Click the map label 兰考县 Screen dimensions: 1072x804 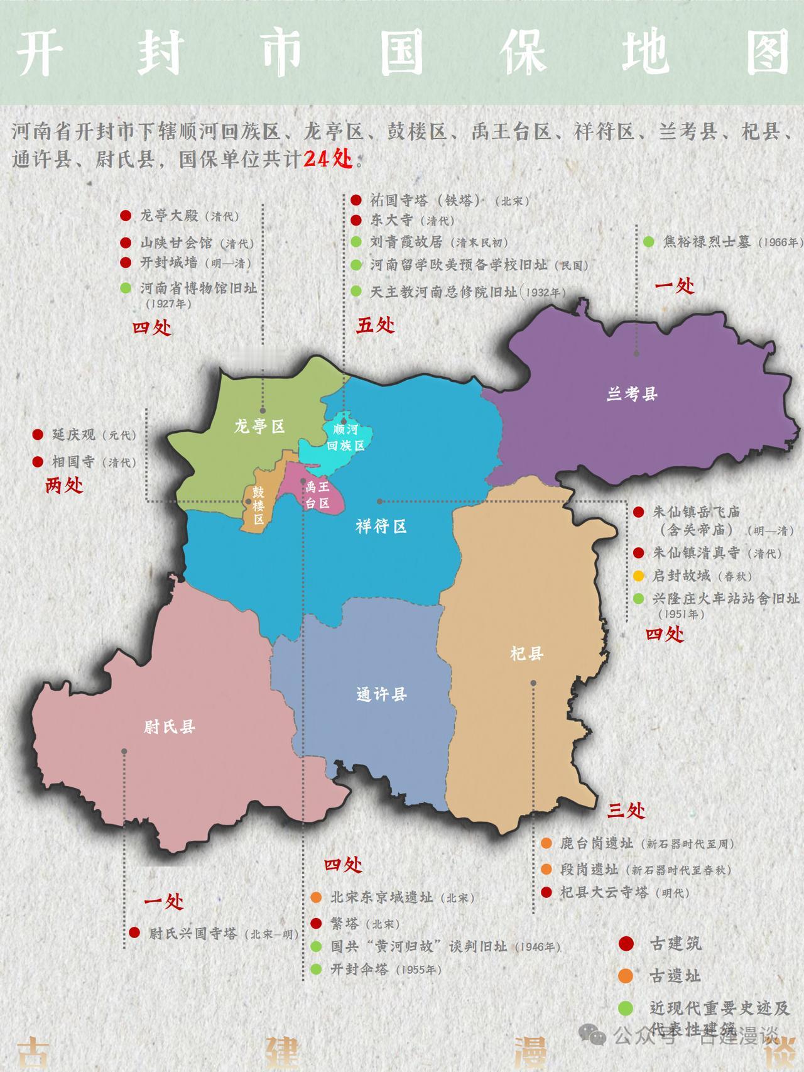click(631, 395)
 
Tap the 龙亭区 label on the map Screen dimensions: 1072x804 click(259, 427)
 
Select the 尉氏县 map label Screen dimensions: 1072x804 click(170, 727)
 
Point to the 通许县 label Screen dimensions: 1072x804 click(381, 694)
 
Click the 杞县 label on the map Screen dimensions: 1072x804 click(526, 654)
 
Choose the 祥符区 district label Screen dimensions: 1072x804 click(381, 527)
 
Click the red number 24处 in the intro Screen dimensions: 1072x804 click(327, 159)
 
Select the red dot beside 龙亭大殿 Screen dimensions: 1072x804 click(126, 216)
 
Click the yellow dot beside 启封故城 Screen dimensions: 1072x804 click(639, 576)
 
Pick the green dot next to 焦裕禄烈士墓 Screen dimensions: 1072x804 click(649, 242)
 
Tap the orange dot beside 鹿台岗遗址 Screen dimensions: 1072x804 click(546, 843)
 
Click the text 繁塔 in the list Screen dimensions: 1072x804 click(344, 924)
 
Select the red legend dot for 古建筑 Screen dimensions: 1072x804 click(626, 943)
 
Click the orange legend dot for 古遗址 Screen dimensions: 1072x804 click(626, 976)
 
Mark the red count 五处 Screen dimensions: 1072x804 click(376, 325)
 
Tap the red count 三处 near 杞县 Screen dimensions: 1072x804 click(626, 811)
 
